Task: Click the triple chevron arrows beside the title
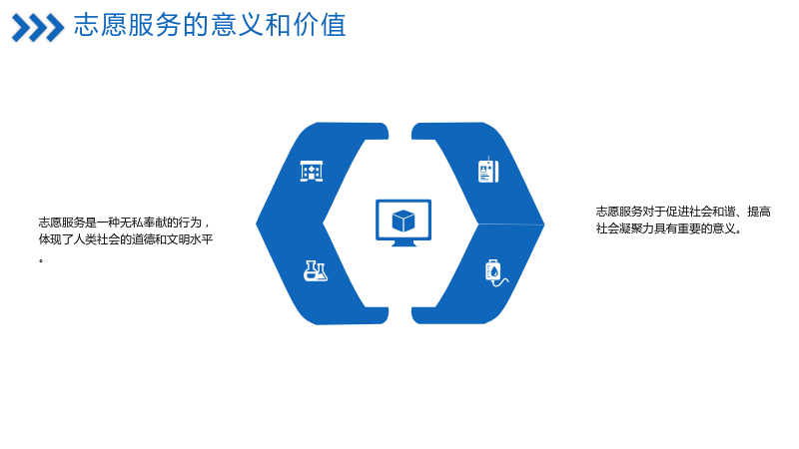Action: [x=38, y=28]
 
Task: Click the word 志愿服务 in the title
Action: [x=128, y=25]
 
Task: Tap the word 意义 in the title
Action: [x=237, y=25]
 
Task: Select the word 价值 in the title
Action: [x=320, y=25]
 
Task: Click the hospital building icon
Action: [x=312, y=171]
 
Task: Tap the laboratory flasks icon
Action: [x=316, y=270]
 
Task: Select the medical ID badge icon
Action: [x=488, y=170]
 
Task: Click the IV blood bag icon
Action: [x=496, y=272]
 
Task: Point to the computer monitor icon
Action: [x=403, y=223]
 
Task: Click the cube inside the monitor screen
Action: [x=403, y=221]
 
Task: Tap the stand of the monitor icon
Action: [x=403, y=243]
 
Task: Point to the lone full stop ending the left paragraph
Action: [x=41, y=261]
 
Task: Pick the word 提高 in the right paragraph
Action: [x=759, y=212]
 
